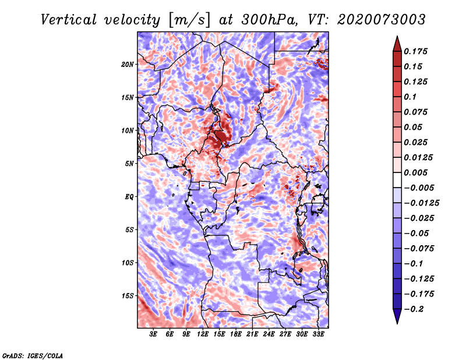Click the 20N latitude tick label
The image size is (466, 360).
point(128,64)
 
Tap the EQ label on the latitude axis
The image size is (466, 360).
point(129,197)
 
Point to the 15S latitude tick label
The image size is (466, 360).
point(128,296)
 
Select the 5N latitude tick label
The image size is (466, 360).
point(129,164)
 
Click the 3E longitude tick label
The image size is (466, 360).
point(154,335)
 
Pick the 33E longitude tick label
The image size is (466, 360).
point(318,335)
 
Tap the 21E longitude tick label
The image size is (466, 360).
point(252,335)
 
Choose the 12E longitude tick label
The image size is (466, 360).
point(203,335)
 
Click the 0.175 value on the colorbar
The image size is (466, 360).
point(417,51)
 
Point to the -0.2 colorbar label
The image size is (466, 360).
point(416,309)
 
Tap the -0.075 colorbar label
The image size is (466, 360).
point(419,248)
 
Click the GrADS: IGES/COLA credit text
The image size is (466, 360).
point(33,355)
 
